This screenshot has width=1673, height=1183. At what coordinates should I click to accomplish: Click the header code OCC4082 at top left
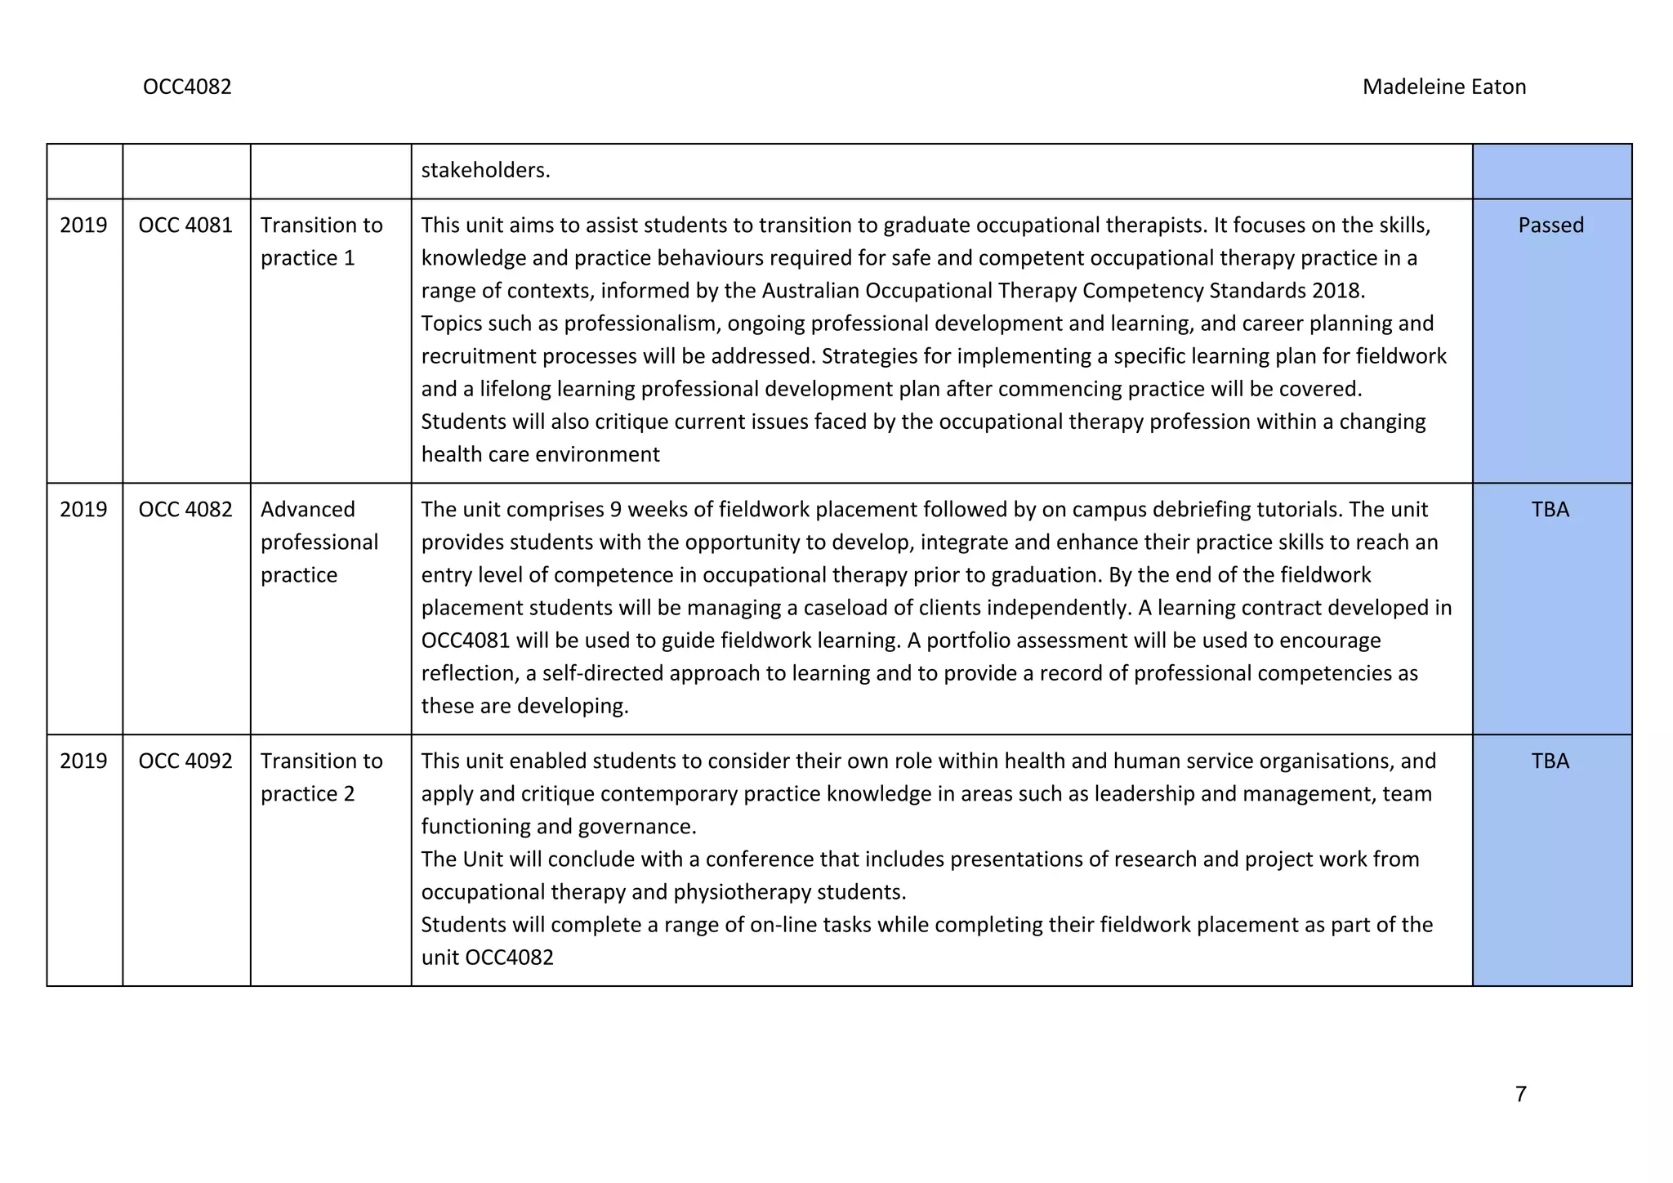187,87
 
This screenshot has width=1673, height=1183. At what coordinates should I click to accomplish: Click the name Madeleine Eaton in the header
1443,87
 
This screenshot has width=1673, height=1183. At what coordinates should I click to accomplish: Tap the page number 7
1520,1094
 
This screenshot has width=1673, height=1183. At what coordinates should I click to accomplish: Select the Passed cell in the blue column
1550,225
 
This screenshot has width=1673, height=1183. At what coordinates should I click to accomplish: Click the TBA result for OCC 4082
1550,510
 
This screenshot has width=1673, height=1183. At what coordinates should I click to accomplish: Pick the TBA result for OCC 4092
1550,761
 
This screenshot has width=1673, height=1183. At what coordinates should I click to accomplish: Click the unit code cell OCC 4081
185,225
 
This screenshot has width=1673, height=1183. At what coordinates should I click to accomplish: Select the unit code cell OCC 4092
185,761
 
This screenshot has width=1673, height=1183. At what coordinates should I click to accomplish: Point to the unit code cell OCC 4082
185,510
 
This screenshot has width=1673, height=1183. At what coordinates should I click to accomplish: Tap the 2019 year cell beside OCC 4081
83,225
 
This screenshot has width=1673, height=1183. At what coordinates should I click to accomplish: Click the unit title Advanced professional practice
319,542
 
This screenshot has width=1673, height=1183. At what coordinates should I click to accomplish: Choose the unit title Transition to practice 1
321,242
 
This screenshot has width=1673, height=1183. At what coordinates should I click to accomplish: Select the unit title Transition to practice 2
321,778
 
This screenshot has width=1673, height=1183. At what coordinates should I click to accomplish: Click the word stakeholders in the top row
485,171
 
